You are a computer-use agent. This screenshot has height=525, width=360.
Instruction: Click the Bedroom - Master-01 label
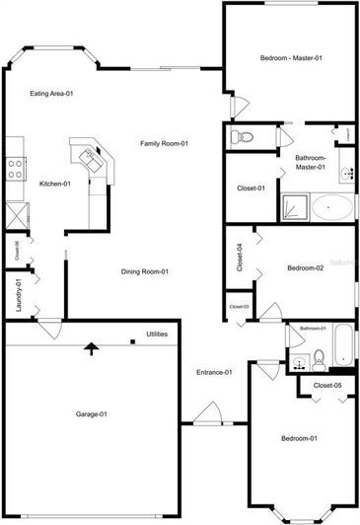[291, 58]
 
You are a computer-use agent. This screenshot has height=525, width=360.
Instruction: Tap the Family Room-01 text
[164, 144]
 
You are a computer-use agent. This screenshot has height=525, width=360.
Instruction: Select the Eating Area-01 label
[52, 94]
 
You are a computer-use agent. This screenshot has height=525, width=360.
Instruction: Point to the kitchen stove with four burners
[15, 168]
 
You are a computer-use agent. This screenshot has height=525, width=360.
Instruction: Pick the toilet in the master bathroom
[244, 136]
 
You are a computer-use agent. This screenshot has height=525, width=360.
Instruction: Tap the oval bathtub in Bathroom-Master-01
[332, 206]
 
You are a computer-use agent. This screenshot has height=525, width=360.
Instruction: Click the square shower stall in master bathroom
[294, 206]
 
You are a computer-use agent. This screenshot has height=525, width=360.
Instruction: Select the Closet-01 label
[251, 188]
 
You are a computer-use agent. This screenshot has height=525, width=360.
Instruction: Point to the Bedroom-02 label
[306, 268]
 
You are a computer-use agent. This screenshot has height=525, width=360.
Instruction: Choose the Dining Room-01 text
[145, 272]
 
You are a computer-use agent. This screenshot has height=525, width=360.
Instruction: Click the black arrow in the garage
[92, 347]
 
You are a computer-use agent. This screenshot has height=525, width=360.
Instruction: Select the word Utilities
[157, 335]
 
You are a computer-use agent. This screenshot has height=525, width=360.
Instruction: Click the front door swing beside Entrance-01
[208, 414]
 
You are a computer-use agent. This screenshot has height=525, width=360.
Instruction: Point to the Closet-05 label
[327, 385]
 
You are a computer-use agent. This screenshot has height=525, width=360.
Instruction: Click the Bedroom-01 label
[299, 438]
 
